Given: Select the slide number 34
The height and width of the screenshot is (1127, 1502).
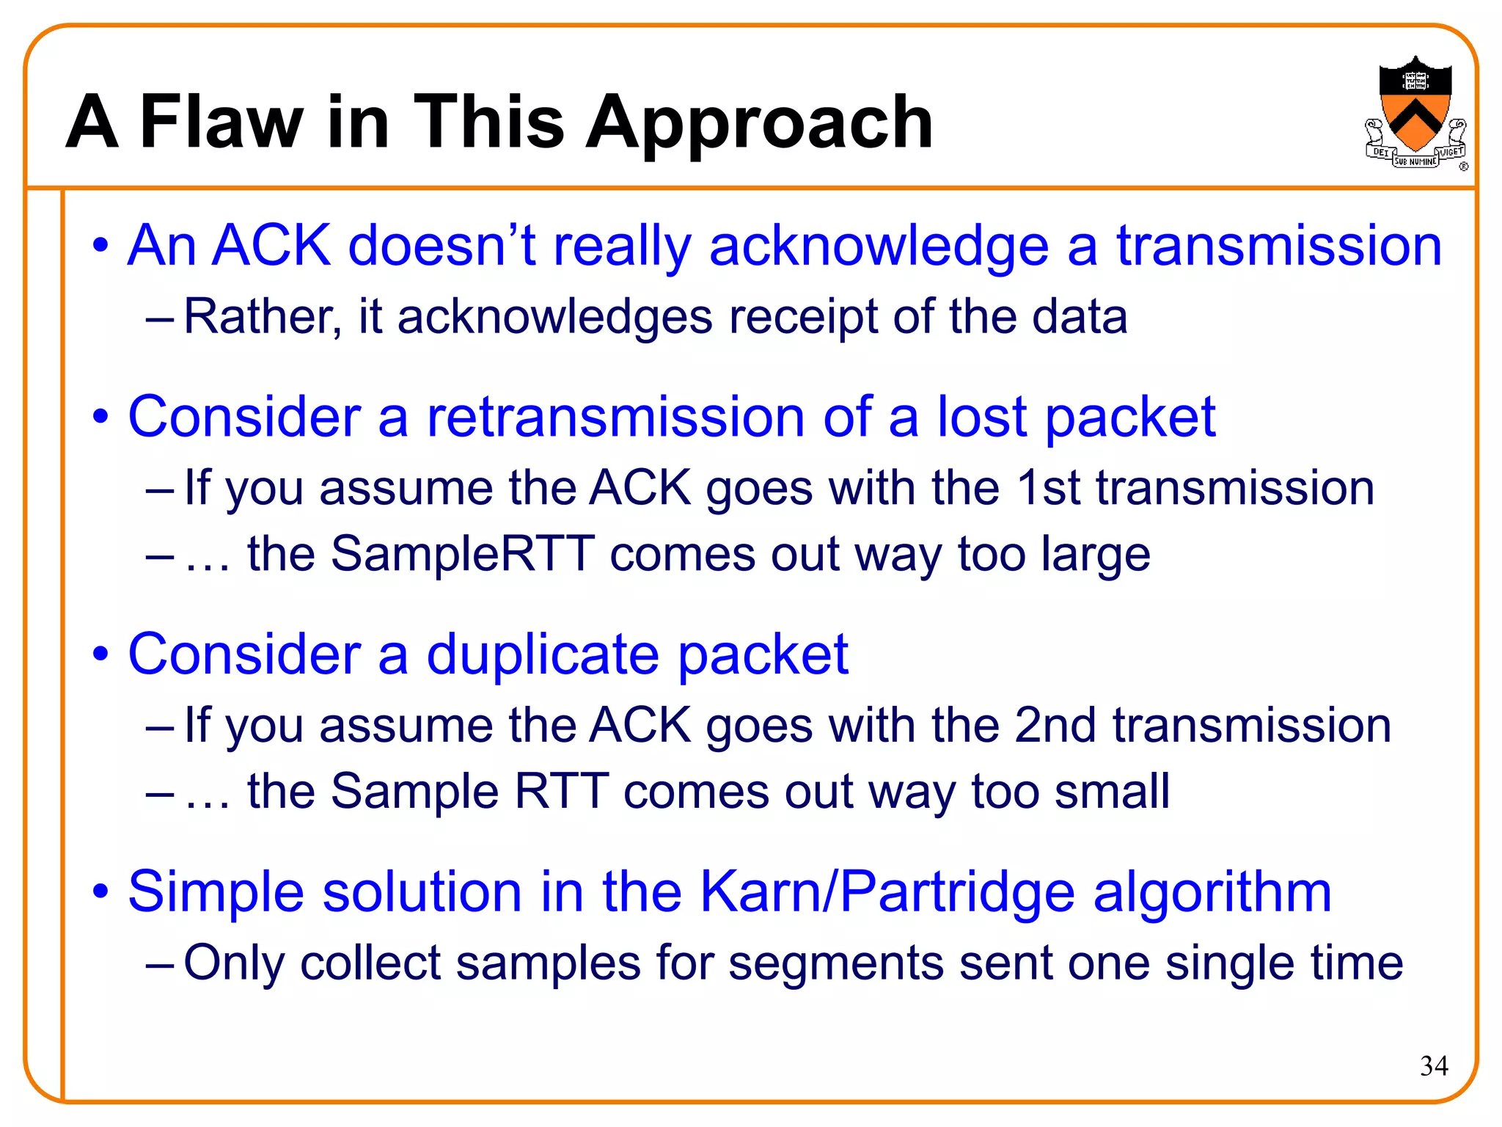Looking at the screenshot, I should click(1434, 1065).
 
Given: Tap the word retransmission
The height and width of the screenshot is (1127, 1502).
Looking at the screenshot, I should click(616, 417).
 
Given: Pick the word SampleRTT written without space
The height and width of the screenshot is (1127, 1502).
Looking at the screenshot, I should click(463, 554).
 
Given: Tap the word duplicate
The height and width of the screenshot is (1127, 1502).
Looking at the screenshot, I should click(543, 654).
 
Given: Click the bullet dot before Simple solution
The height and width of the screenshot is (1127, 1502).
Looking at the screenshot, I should click(100, 892).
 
